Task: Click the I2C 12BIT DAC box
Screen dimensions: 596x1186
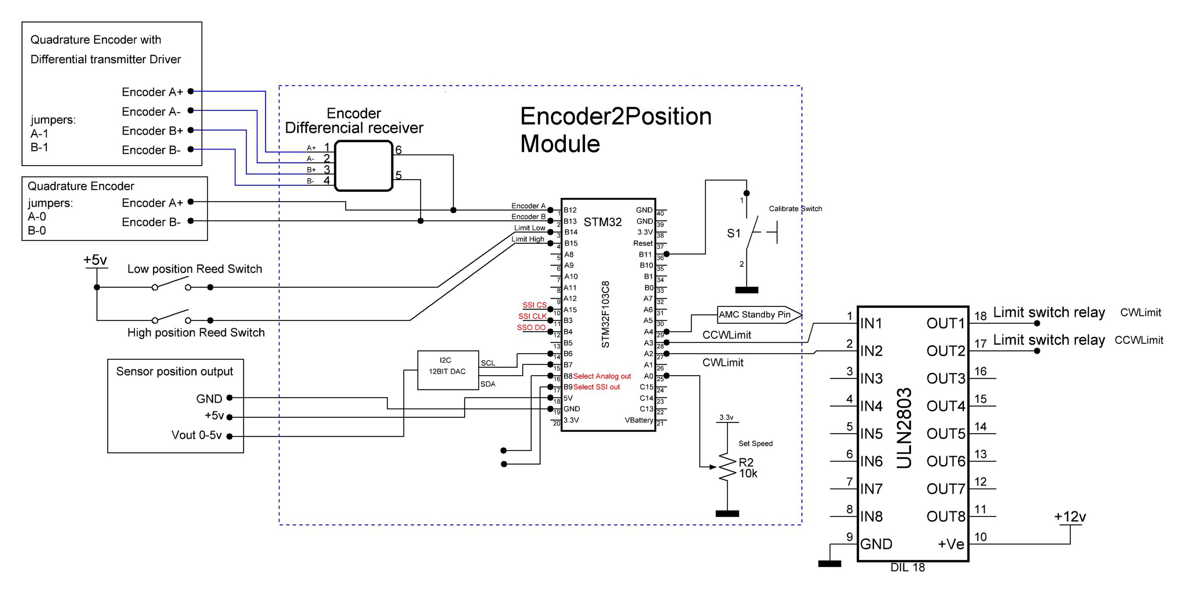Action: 448,370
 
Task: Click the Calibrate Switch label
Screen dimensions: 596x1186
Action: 795,208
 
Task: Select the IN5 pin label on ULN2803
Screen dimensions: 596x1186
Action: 872,434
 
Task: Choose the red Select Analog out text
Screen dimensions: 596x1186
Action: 602,376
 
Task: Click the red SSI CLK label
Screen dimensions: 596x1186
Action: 532,316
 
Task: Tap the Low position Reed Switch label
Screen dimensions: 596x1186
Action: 194,269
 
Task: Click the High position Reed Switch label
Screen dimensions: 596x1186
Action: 196,333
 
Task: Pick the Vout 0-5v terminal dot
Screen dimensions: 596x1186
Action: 229,436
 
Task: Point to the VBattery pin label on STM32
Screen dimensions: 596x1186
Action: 639,420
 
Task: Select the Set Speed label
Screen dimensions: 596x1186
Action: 755,443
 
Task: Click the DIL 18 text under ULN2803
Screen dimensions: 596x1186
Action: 907,567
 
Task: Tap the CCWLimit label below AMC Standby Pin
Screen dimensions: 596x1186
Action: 726,335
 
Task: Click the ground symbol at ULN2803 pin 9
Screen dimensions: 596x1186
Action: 829,563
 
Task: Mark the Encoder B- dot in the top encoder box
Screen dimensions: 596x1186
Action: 191,149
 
